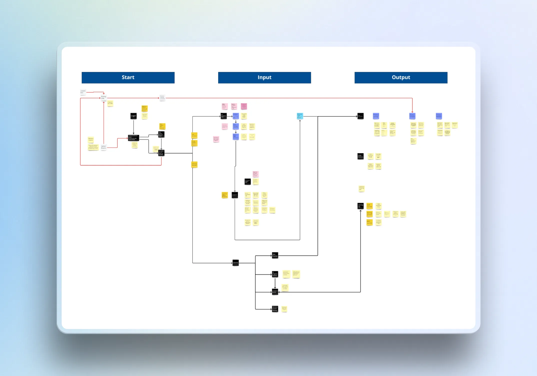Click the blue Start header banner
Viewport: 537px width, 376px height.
(128, 77)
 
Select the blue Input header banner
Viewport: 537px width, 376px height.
(264, 77)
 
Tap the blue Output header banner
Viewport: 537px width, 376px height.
(401, 77)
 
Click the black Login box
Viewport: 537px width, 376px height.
(133, 116)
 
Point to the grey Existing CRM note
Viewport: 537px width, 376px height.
(103, 97)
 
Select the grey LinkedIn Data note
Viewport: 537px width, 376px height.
(83, 92)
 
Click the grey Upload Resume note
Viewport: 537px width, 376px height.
(103, 147)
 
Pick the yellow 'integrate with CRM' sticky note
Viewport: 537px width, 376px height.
(110, 103)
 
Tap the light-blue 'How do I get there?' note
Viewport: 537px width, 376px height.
(300, 116)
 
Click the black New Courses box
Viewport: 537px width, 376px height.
(275, 255)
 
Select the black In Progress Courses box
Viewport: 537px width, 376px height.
(275, 274)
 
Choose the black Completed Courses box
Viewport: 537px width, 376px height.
(275, 292)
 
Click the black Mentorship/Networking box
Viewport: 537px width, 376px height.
(275, 309)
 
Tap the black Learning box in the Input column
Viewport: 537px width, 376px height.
(235, 263)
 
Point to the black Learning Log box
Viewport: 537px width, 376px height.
(360, 206)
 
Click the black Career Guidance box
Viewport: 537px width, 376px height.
(360, 156)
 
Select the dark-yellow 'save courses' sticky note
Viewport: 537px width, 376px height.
(369, 206)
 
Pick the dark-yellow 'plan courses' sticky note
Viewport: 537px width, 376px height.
(369, 222)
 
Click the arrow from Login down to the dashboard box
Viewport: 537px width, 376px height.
(133, 127)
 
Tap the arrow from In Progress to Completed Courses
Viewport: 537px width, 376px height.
(275, 283)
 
